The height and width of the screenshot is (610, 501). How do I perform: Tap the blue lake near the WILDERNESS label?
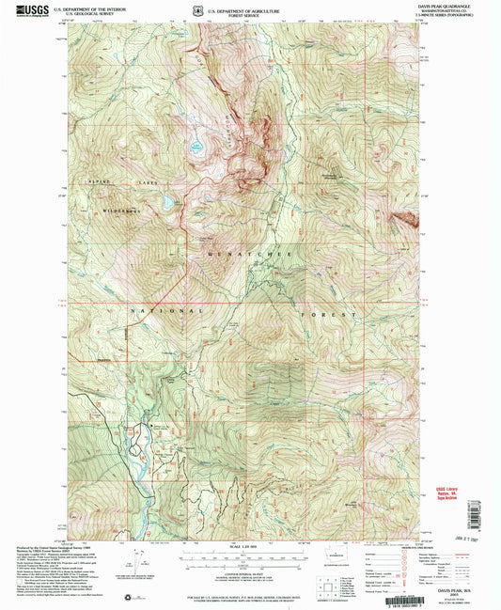167,202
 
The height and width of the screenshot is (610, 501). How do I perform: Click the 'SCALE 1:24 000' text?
252,547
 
